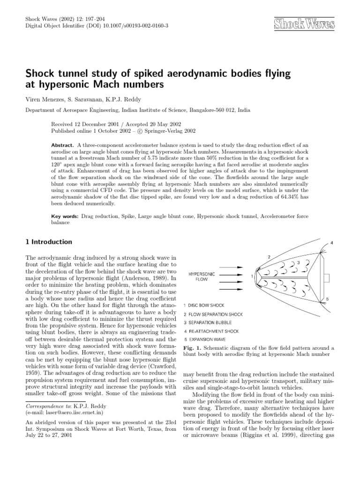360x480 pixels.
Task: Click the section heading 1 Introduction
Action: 48,242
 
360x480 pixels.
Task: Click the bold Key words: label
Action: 65,217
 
